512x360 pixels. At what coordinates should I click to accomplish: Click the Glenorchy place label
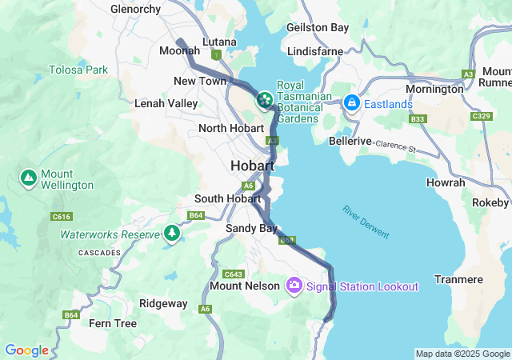pos(135,9)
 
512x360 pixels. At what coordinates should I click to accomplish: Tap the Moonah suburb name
pos(179,50)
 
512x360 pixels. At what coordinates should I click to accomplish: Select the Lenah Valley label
pos(166,103)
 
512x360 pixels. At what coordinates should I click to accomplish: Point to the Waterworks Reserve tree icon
pos(171,234)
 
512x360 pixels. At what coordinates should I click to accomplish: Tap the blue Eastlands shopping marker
pos(350,104)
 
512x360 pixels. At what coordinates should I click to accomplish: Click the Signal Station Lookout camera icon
pos(294,286)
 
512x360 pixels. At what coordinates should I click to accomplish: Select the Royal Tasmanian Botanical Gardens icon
pos(263,100)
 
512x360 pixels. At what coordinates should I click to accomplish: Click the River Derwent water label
pos(366,222)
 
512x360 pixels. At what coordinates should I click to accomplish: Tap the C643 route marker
pos(234,274)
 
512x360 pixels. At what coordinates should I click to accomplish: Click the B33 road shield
pos(417,119)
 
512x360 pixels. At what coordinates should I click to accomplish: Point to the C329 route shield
pos(481,116)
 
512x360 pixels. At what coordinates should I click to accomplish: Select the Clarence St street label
pos(397,147)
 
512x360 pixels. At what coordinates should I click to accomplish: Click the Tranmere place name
pos(458,279)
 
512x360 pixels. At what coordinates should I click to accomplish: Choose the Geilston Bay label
pos(318,27)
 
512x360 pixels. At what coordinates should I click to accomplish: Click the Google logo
pos(26,350)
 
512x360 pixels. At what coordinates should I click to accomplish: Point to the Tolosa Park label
pos(78,70)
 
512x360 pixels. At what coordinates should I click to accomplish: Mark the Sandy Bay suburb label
pos(250,228)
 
